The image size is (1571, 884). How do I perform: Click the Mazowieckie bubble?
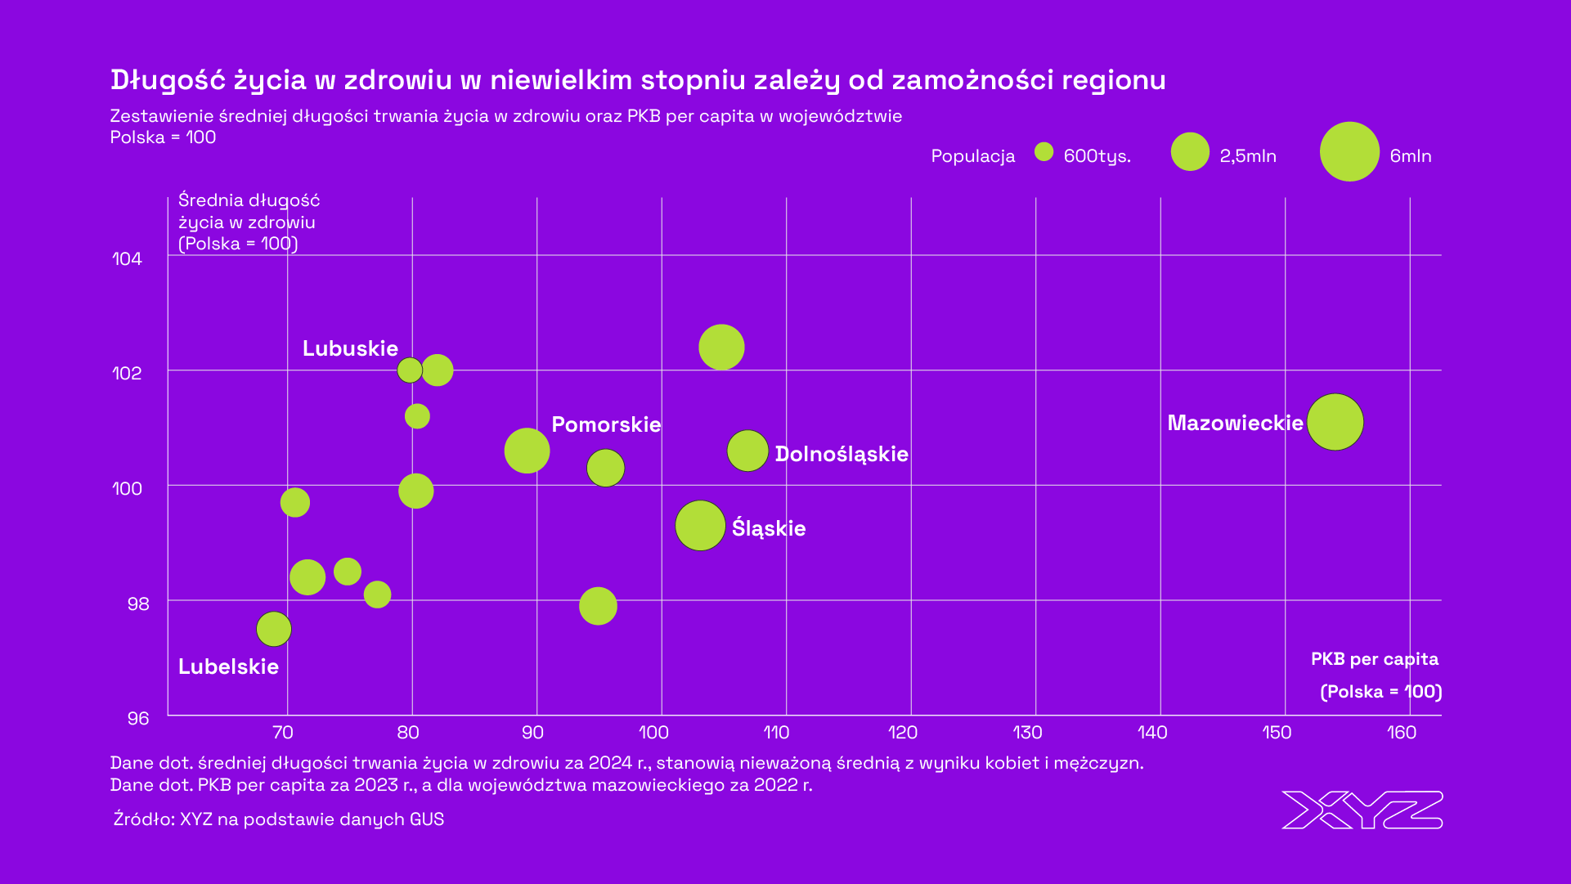pos(1335,422)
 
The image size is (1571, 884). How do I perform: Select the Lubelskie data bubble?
pos(274,629)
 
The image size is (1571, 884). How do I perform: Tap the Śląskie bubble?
pos(700,525)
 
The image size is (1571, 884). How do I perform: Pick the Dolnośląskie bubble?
pos(747,451)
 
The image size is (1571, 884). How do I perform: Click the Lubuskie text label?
pos(350,348)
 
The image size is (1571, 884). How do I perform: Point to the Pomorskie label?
pos(606,424)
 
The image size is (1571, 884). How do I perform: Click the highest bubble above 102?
pos(721,347)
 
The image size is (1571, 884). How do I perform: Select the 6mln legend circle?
pos(1349,152)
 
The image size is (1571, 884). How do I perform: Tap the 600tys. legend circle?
pos(1044,152)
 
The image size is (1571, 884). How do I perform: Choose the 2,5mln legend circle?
pos(1190,152)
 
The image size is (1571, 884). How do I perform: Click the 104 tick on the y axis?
pos(127,259)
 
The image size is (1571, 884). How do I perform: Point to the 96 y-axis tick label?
pos(138,718)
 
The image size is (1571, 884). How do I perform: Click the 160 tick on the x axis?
pos(1402,733)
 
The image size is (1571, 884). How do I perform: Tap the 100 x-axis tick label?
pos(653,733)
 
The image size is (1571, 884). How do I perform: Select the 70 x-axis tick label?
pos(282,733)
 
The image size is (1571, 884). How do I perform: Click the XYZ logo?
pos(1362,810)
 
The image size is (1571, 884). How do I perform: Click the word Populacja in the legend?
pos(972,156)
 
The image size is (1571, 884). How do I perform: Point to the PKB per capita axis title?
pos(1374,659)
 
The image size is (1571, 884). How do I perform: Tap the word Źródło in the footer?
pos(142,819)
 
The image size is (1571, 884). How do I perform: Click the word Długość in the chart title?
pos(167,80)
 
